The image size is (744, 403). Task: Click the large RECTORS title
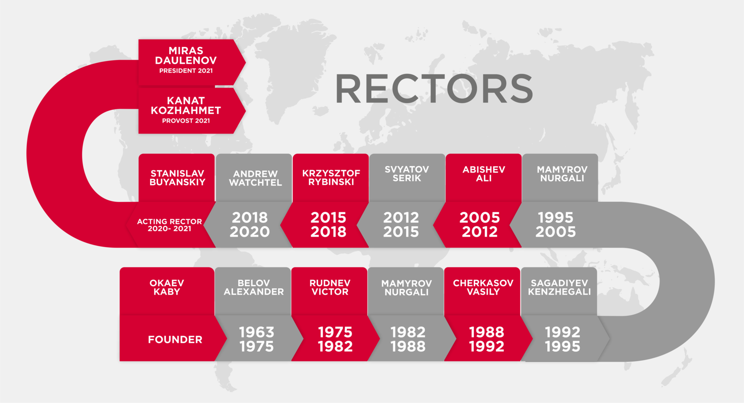pos(434,89)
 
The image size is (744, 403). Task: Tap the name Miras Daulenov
pos(186,55)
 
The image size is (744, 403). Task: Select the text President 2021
pos(186,71)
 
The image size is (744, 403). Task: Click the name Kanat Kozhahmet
pos(186,105)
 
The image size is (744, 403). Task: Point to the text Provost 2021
pos(186,121)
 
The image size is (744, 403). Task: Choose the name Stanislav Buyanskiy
pos(177,178)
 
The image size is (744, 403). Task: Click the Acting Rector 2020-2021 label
pos(169,225)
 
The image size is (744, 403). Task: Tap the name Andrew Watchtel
pos(255,178)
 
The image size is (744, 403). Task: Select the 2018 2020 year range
pos(249,225)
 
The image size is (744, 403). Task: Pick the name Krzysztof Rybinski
pos(331,178)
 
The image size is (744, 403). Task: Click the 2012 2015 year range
pos(401,225)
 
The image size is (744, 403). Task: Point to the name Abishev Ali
pos(484,174)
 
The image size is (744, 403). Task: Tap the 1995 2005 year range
pos(556,225)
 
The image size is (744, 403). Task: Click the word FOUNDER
pos(175,340)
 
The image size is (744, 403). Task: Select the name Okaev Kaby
pos(167,287)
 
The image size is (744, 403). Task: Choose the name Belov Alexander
pos(254,287)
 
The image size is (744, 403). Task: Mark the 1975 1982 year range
pos(335,339)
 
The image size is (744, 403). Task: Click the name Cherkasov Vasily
pos(483,287)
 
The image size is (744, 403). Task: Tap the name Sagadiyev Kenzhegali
pos(559,287)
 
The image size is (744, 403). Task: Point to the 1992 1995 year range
pos(562,339)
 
